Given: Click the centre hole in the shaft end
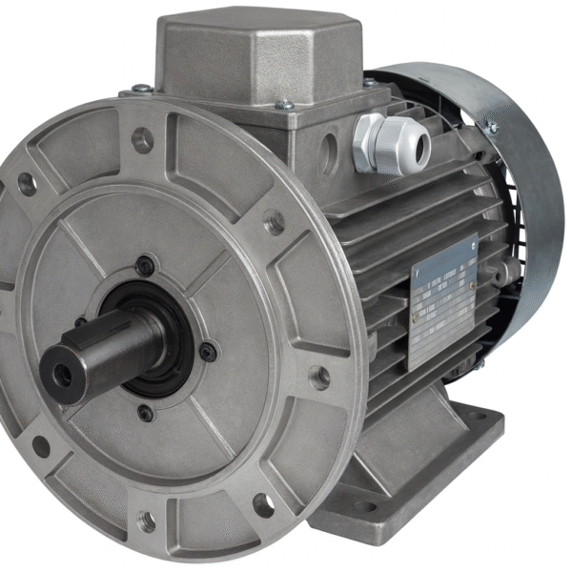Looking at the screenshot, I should pyautogui.click(x=62, y=375).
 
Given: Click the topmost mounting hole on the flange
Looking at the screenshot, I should pyautogui.click(x=142, y=141).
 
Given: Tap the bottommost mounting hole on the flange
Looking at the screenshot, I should pyautogui.click(x=147, y=521).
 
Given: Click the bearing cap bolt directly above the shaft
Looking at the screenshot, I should pyautogui.click(x=144, y=266).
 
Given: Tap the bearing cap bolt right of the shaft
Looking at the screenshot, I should pyautogui.click(x=207, y=352).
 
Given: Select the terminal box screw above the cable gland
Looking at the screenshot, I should pyautogui.click(x=369, y=84).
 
